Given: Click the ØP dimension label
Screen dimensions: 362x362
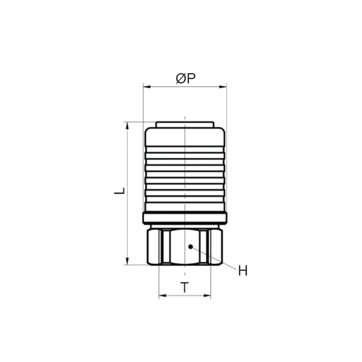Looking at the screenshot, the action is [186, 78].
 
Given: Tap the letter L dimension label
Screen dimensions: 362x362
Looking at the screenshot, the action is [120, 191].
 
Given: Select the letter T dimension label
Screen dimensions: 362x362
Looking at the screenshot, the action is [185, 287].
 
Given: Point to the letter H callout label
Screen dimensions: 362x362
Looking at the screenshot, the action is [243, 271].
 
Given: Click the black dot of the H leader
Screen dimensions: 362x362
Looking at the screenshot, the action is [190, 247].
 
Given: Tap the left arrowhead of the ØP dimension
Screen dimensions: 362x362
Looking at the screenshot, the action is [147, 87].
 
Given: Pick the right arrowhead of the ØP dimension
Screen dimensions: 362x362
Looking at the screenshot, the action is [223, 87].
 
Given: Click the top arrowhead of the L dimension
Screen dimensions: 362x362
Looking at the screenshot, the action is [127, 125].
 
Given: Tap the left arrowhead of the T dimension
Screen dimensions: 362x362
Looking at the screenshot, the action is [163, 296].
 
